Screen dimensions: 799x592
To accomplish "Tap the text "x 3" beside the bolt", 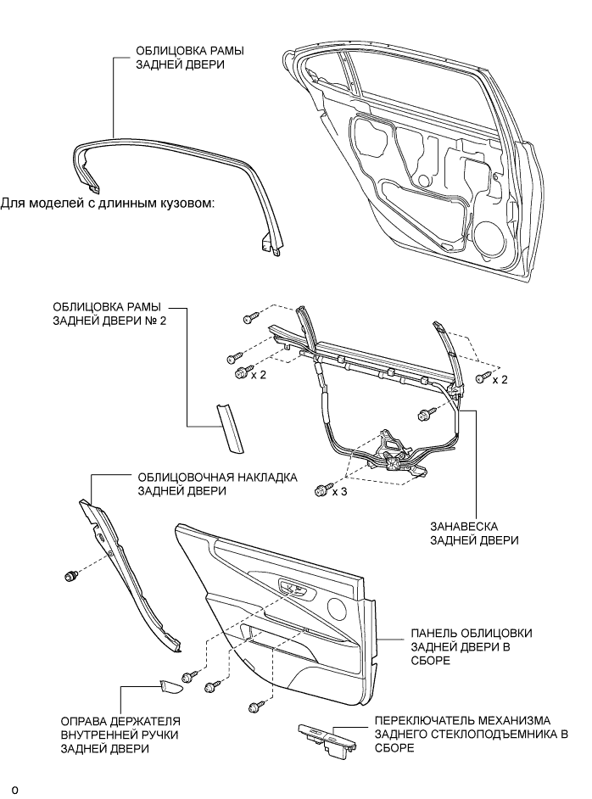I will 339,491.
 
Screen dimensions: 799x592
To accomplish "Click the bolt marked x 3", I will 321,489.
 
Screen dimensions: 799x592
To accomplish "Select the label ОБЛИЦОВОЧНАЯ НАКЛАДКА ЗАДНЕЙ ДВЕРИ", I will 214,483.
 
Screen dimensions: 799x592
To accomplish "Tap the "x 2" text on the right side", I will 500,379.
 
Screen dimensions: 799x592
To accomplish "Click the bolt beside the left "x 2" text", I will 239,373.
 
